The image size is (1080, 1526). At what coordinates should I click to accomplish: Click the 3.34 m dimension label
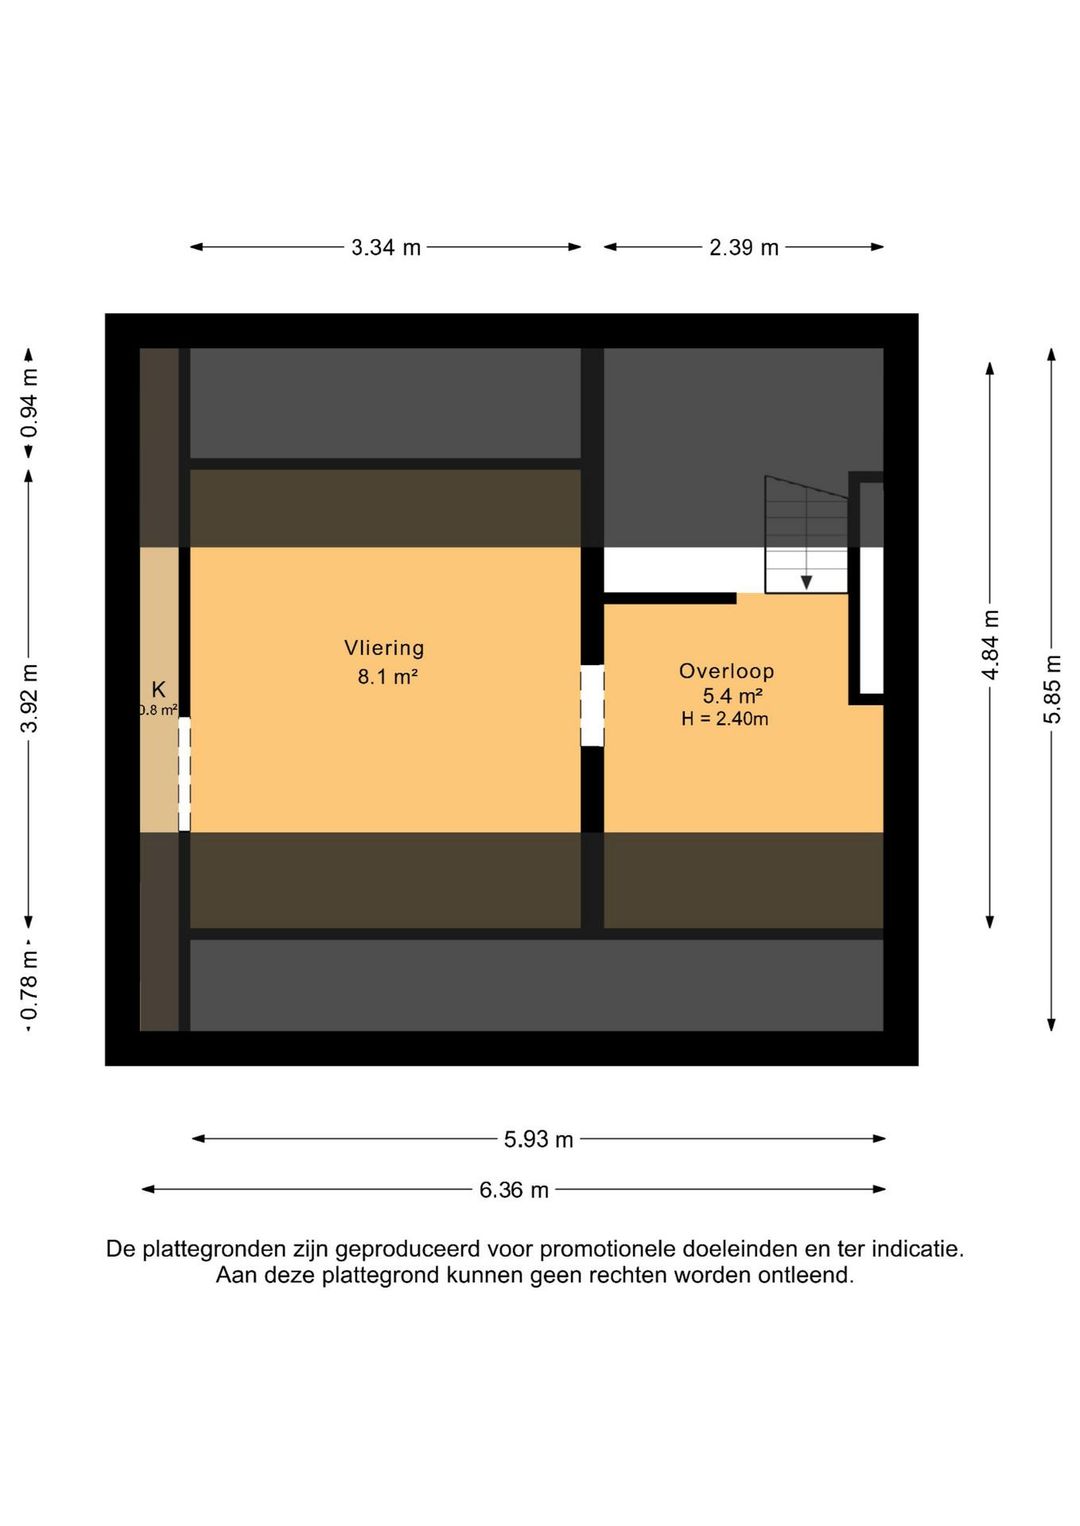tap(385, 247)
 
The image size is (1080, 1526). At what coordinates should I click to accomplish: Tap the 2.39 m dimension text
tap(743, 247)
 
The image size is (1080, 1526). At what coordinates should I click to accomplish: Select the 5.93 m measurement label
tap(538, 1139)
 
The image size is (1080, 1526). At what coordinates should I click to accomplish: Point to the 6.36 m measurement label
tap(513, 1190)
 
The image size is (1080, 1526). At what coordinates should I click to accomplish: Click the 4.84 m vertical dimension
tap(990, 645)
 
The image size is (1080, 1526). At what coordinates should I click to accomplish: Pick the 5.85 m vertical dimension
tap(1052, 689)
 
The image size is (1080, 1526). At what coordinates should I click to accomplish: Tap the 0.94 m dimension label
tap(30, 403)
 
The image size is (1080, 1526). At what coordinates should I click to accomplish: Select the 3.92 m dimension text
tap(30, 698)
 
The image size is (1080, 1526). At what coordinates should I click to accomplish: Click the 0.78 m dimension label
tap(30, 987)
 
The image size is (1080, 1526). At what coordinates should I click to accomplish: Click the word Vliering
tap(384, 648)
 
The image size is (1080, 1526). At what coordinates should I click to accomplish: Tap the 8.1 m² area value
tap(387, 677)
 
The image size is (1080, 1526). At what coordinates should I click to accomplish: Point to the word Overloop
tap(726, 672)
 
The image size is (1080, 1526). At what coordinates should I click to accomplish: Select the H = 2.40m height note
tap(725, 719)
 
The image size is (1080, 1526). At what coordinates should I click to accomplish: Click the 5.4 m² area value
tap(732, 696)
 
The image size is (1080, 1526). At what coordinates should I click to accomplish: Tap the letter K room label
tap(158, 689)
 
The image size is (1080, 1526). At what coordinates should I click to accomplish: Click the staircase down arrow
tap(806, 582)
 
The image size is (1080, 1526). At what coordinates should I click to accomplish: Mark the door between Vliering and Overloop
tap(592, 706)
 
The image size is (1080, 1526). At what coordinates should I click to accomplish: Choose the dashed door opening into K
tap(184, 773)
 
